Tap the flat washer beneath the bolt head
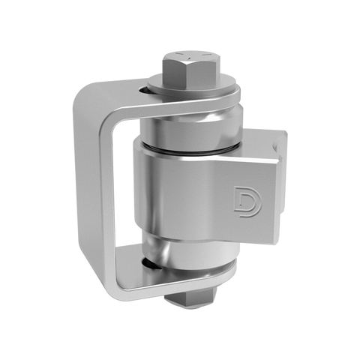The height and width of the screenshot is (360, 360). coord(193,87)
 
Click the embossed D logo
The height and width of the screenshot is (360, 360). coord(247,201)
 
